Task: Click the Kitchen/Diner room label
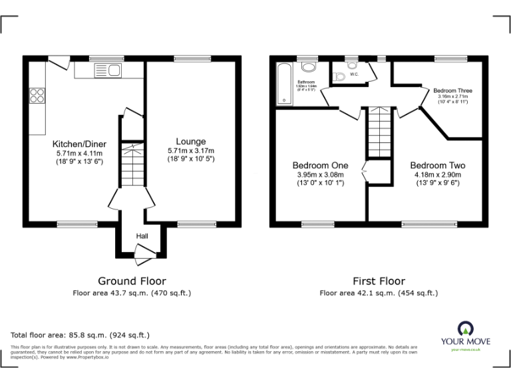click(79, 144)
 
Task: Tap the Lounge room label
click(191, 141)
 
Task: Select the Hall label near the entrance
click(142, 236)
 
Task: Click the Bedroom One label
click(320, 166)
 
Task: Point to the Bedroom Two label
click(437, 166)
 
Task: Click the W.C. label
click(354, 74)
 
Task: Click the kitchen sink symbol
click(106, 70)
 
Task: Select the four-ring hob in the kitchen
click(37, 96)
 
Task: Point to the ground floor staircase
click(132, 166)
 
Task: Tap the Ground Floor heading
click(132, 281)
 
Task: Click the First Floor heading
click(379, 281)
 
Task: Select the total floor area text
click(81, 335)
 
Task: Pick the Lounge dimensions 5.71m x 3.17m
click(191, 151)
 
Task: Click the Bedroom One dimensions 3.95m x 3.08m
click(320, 175)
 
